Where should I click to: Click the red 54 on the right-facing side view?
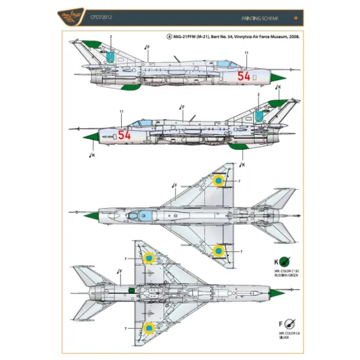tap(243, 76)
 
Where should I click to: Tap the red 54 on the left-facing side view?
tap(124, 134)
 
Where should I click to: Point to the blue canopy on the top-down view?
tap(141, 214)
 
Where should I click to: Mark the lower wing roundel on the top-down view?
tap(220, 249)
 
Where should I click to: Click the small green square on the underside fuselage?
tap(132, 289)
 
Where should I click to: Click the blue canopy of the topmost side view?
tap(223, 63)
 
